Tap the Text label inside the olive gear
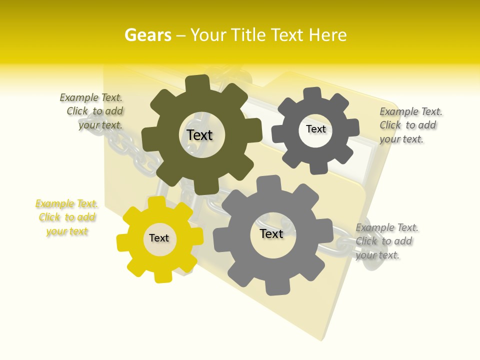[199, 135]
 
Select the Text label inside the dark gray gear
[315, 129]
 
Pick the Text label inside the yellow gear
[159, 238]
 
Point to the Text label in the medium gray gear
[271, 233]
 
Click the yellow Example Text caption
[66, 217]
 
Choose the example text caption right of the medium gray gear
[385, 241]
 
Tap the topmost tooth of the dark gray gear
[312, 94]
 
